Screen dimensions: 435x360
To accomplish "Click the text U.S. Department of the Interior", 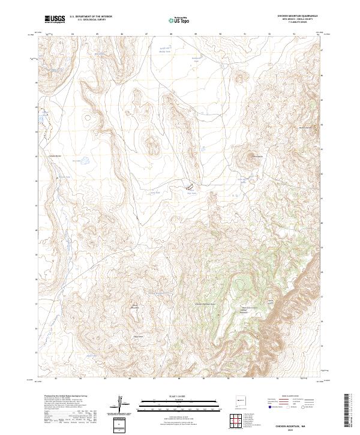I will pyautogui.click(x=91, y=17).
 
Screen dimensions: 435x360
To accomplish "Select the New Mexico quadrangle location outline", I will pyautogui.click(x=241, y=398).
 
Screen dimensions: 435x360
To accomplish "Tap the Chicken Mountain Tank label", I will pyautogui.click(x=205, y=304).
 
